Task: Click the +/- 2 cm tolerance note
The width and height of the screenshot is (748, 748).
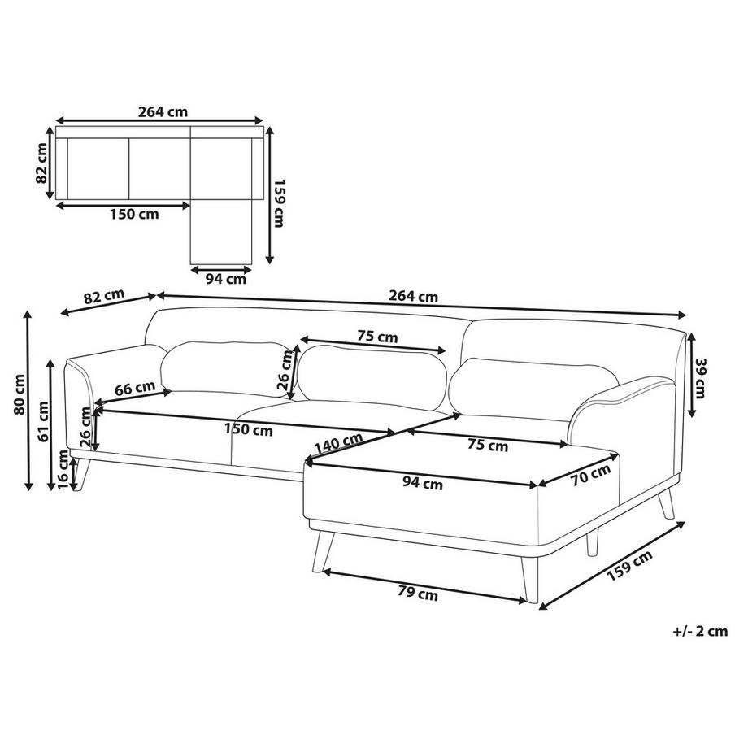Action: pos(700,631)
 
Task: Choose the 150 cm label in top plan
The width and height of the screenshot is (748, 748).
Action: pos(134,215)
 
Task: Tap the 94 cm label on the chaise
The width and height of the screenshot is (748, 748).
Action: pos(424,485)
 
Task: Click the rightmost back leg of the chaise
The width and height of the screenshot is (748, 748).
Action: pos(668,503)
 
